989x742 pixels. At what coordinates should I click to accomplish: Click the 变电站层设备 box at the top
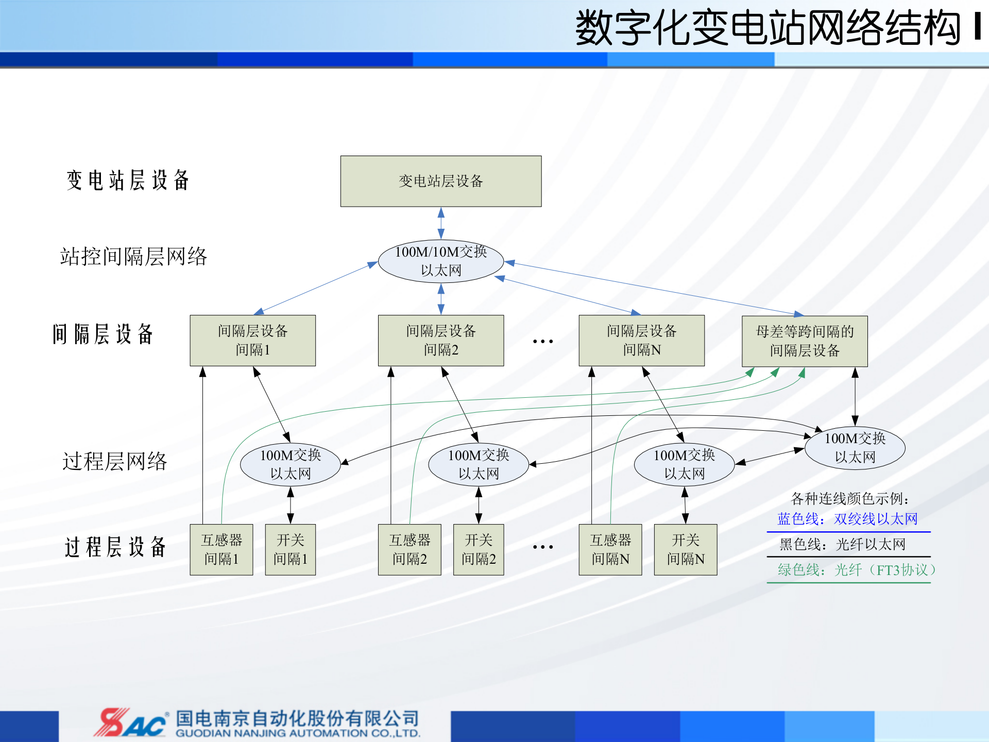440,181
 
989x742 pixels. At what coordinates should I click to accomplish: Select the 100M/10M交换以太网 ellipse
440,261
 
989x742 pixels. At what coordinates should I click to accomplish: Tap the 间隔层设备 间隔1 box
252,341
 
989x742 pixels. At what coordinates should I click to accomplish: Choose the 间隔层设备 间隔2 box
440,341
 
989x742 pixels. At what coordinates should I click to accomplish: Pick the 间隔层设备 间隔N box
641,341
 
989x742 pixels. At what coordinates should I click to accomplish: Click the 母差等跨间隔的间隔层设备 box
805,341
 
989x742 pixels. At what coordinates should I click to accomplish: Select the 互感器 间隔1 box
221,550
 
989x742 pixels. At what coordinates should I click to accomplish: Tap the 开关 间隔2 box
478,550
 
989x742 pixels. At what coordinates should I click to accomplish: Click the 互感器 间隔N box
610,550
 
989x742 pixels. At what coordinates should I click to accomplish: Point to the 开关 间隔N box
685,550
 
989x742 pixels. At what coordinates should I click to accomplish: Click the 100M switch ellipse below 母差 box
855,448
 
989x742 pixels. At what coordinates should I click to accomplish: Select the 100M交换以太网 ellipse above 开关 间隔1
290,464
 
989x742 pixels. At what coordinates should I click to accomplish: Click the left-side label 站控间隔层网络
133,257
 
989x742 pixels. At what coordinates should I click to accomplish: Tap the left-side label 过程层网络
114,461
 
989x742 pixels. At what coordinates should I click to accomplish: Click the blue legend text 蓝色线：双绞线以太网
847,519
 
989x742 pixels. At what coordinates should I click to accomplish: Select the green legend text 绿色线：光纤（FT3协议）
855,570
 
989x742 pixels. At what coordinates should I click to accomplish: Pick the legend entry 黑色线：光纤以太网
842,544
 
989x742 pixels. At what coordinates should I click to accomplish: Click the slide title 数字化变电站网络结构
768,28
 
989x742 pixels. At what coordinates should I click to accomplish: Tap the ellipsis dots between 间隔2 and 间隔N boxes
542,341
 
